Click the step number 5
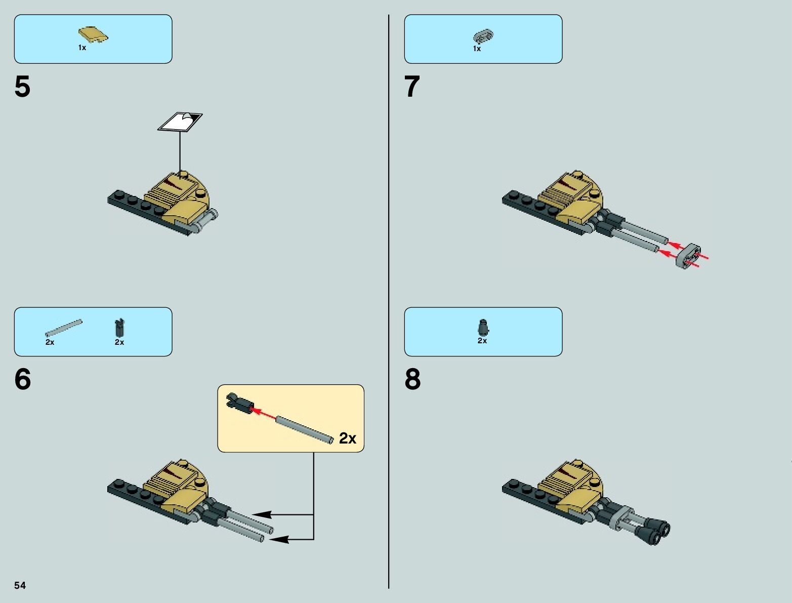pyautogui.click(x=22, y=87)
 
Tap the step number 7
pyautogui.click(x=412, y=87)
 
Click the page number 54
pyautogui.click(x=20, y=585)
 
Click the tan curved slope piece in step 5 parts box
pyautogui.click(x=93, y=34)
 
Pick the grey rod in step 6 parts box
pyautogui.click(x=63, y=328)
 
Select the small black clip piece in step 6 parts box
pyautogui.click(x=119, y=327)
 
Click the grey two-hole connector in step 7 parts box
pyautogui.click(x=483, y=36)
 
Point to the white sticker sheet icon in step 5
pyautogui.click(x=180, y=122)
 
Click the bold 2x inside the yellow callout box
pyautogui.click(x=348, y=438)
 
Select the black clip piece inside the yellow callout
pyautogui.click(x=240, y=403)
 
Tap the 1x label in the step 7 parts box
pyautogui.click(x=477, y=49)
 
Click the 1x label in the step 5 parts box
pyautogui.click(x=82, y=48)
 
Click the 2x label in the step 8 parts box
pyautogui.click(x=482, y=341)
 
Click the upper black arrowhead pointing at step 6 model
pyautogui.click(x=262, y=514)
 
